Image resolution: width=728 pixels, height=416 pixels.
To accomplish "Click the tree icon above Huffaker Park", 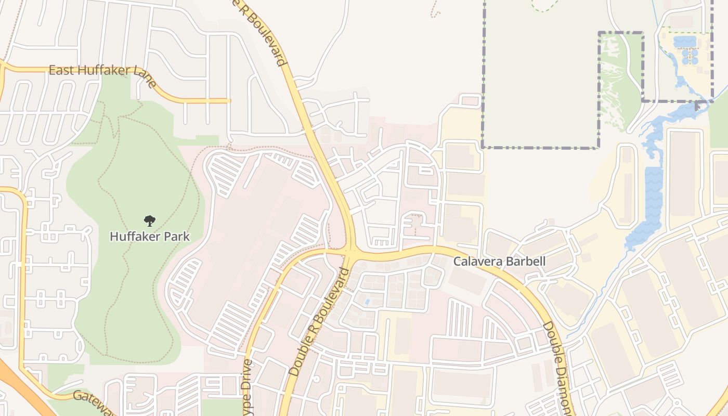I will [x=150, y=220].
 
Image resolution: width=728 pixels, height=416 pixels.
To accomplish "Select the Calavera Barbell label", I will [x=499, y=262].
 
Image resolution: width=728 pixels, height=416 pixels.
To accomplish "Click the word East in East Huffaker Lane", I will [x=61, y=70].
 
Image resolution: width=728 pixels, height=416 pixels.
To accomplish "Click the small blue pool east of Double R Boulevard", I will [x=368, y=302].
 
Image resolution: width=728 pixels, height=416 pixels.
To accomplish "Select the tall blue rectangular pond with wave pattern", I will [x=653, y=200].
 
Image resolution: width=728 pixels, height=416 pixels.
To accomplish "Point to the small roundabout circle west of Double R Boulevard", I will [x=316, y=379].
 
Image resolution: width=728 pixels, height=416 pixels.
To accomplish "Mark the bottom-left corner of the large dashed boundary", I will [x=483, y=147].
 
